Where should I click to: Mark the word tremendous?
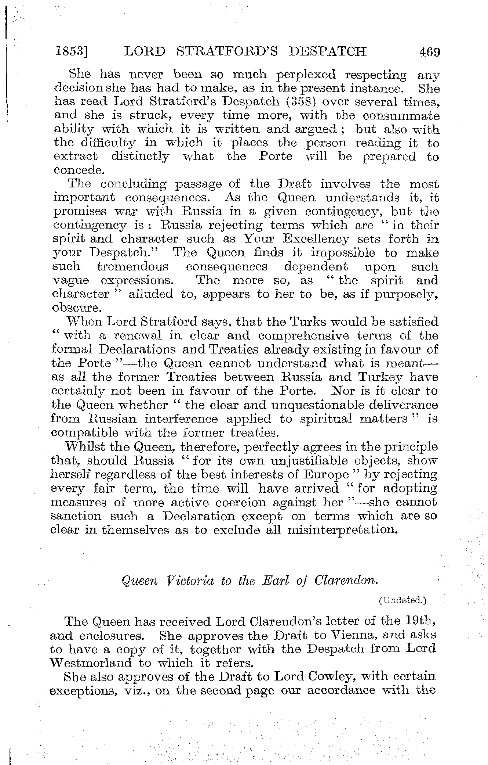133,267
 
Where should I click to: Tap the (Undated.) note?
402,600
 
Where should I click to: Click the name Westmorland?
91,663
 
